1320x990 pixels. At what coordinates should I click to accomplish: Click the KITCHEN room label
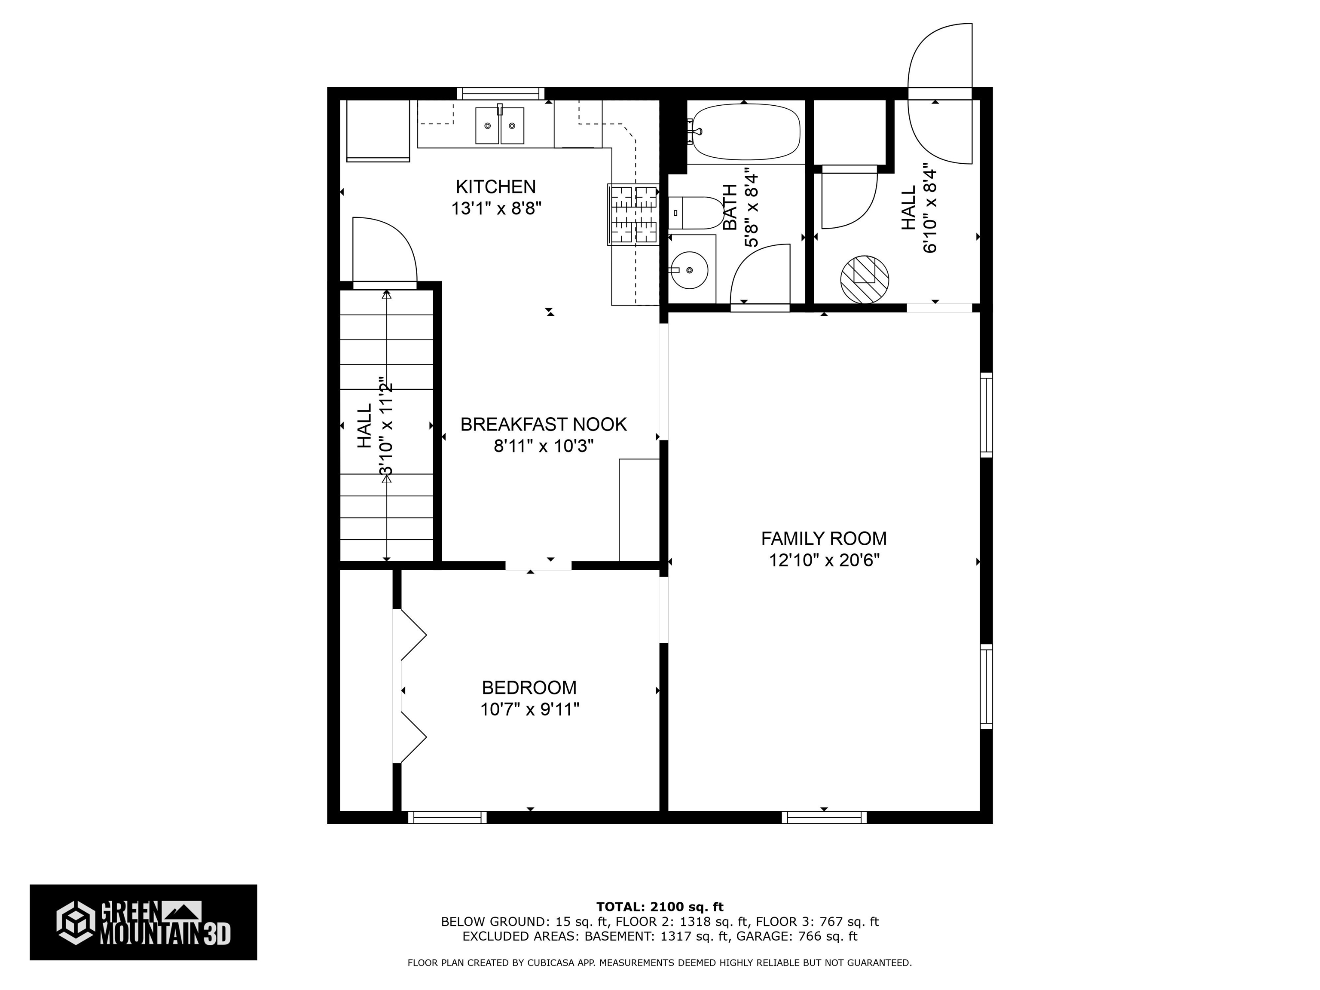pyautogui.click(x=495, y=187)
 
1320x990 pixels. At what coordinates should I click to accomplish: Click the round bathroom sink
pyautogui.click(x=689, y=270)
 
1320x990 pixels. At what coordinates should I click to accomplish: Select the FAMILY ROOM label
pyautogui.click(x=824, y=539)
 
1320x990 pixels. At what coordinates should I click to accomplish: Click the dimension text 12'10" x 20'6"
pyautogui.click(x=824, y=561)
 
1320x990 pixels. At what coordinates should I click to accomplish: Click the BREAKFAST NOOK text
pyautogui.click(x=543, y=424)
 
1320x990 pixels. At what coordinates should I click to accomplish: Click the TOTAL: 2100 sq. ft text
pyautogui.click(x=660, y=907)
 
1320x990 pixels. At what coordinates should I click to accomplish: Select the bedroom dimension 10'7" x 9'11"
pyautogui.click(x=529, y=709)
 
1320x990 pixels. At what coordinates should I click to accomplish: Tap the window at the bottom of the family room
pyautogui.click(x=824, y=817)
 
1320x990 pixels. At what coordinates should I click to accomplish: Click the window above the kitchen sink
pyautogui.click(x=501, y=93)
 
